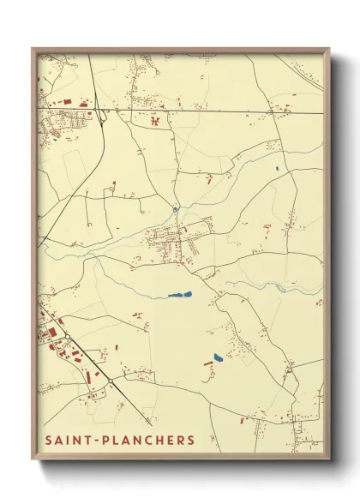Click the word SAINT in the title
[69, 441]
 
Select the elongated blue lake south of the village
[180, 295]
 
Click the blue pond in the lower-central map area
[218, 357]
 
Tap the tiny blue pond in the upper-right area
[277, 167]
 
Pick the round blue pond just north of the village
[175, 208]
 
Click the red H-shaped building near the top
[155, 121]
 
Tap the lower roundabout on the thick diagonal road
[111, 380]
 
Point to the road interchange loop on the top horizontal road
[99, 114]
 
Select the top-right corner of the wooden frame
[329, 50]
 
